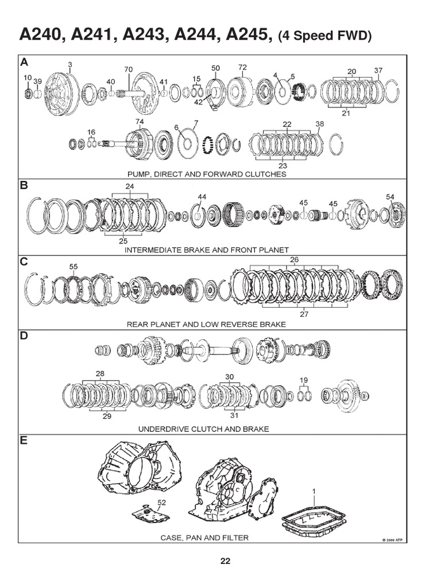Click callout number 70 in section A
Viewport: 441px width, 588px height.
coord(128,69)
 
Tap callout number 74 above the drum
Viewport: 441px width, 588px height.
coord(140,122)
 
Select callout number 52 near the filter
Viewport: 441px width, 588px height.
coord(161,502)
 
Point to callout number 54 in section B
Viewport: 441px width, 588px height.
coord(390,197)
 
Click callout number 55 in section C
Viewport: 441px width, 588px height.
coord(73,266)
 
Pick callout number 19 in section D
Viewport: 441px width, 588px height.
coord(304,381)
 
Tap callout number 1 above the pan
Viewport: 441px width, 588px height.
coord(314,490)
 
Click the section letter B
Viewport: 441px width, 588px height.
coord(24,185)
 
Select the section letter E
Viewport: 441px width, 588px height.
coord(24,440)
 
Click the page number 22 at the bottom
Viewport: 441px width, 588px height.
coord(225,561)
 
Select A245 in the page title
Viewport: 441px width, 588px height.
coord(249,34)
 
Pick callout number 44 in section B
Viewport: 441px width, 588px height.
coord(202,197)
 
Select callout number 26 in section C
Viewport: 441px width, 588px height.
coord(294,260)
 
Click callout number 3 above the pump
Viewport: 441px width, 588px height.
coord(70,64)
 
